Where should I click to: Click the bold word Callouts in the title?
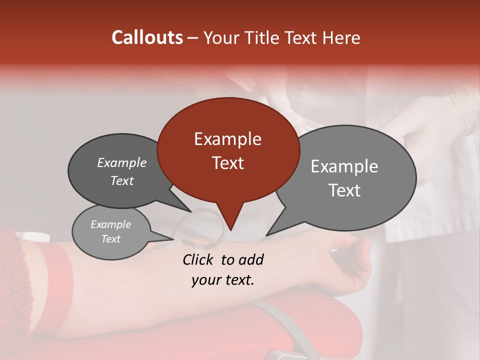[147, 37]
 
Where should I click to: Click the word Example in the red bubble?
[227, 139]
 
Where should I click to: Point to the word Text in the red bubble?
[227, 163]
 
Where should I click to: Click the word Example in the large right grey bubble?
[344, 166]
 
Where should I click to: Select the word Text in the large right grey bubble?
[344, 190]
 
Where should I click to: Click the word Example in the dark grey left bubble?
[121, 163]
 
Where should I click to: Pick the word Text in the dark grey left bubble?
[121, 181]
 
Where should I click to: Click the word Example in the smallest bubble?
[110, 224]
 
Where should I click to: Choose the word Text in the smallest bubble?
[110, 239]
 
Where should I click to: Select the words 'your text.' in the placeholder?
[222, 280]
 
